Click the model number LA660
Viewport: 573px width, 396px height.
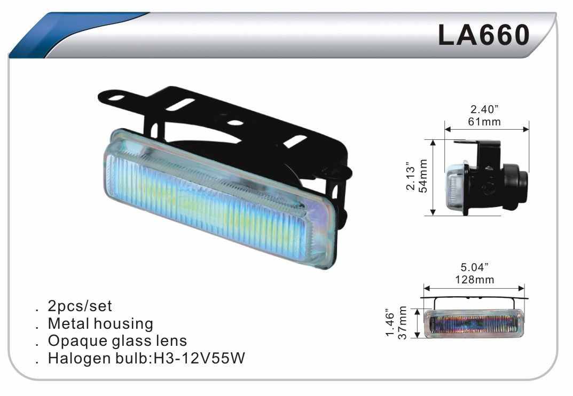pyautogui.click(x=483, y=35)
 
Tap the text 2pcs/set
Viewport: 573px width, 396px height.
pyautogui.click(x=80, y=306)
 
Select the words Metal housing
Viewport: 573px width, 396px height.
pyautogui.click(x=100, y=323)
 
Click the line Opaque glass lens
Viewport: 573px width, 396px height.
pyautogui.click(x=117, y=341)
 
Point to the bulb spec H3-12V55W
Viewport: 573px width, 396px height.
pyautogui.click(x=199, y=358)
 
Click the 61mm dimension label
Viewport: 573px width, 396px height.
pyautogui.click(x=484, y=121)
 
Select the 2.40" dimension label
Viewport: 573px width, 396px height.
pyautogui.click(x=484, y=109)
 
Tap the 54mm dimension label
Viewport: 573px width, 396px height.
pyautogui.click(x=423, y=176)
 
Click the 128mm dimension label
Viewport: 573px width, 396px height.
pyautogui.click(x=474, y=280)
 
